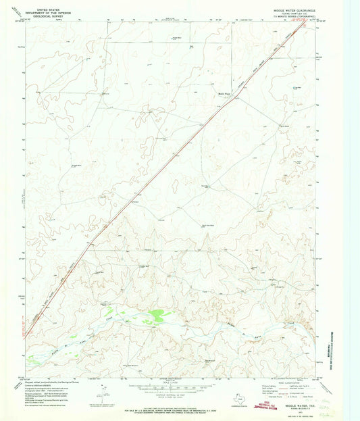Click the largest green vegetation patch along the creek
(157, 314)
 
